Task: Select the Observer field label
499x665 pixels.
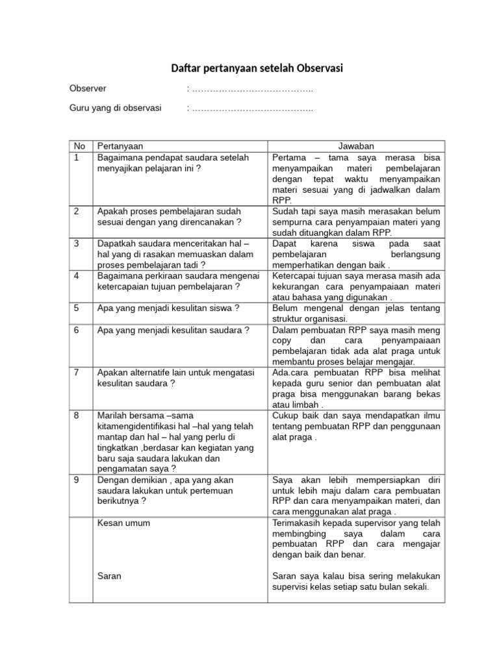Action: click(88, 88)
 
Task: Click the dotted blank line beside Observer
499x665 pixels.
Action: click(249, 88)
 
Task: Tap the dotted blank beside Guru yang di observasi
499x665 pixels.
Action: click(249, 108)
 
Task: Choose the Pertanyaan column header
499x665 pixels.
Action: click(120, 146)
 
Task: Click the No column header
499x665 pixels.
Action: click(79, 146)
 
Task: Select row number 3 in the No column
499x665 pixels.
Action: click(76, 243)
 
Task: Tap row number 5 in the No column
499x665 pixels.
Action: click(76, 308)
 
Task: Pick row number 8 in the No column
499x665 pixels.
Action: click(76, 415)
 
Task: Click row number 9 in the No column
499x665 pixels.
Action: click(76, 480)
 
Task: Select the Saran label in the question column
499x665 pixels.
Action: click(109, 576)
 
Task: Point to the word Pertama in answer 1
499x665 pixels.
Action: click(290, 157)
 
